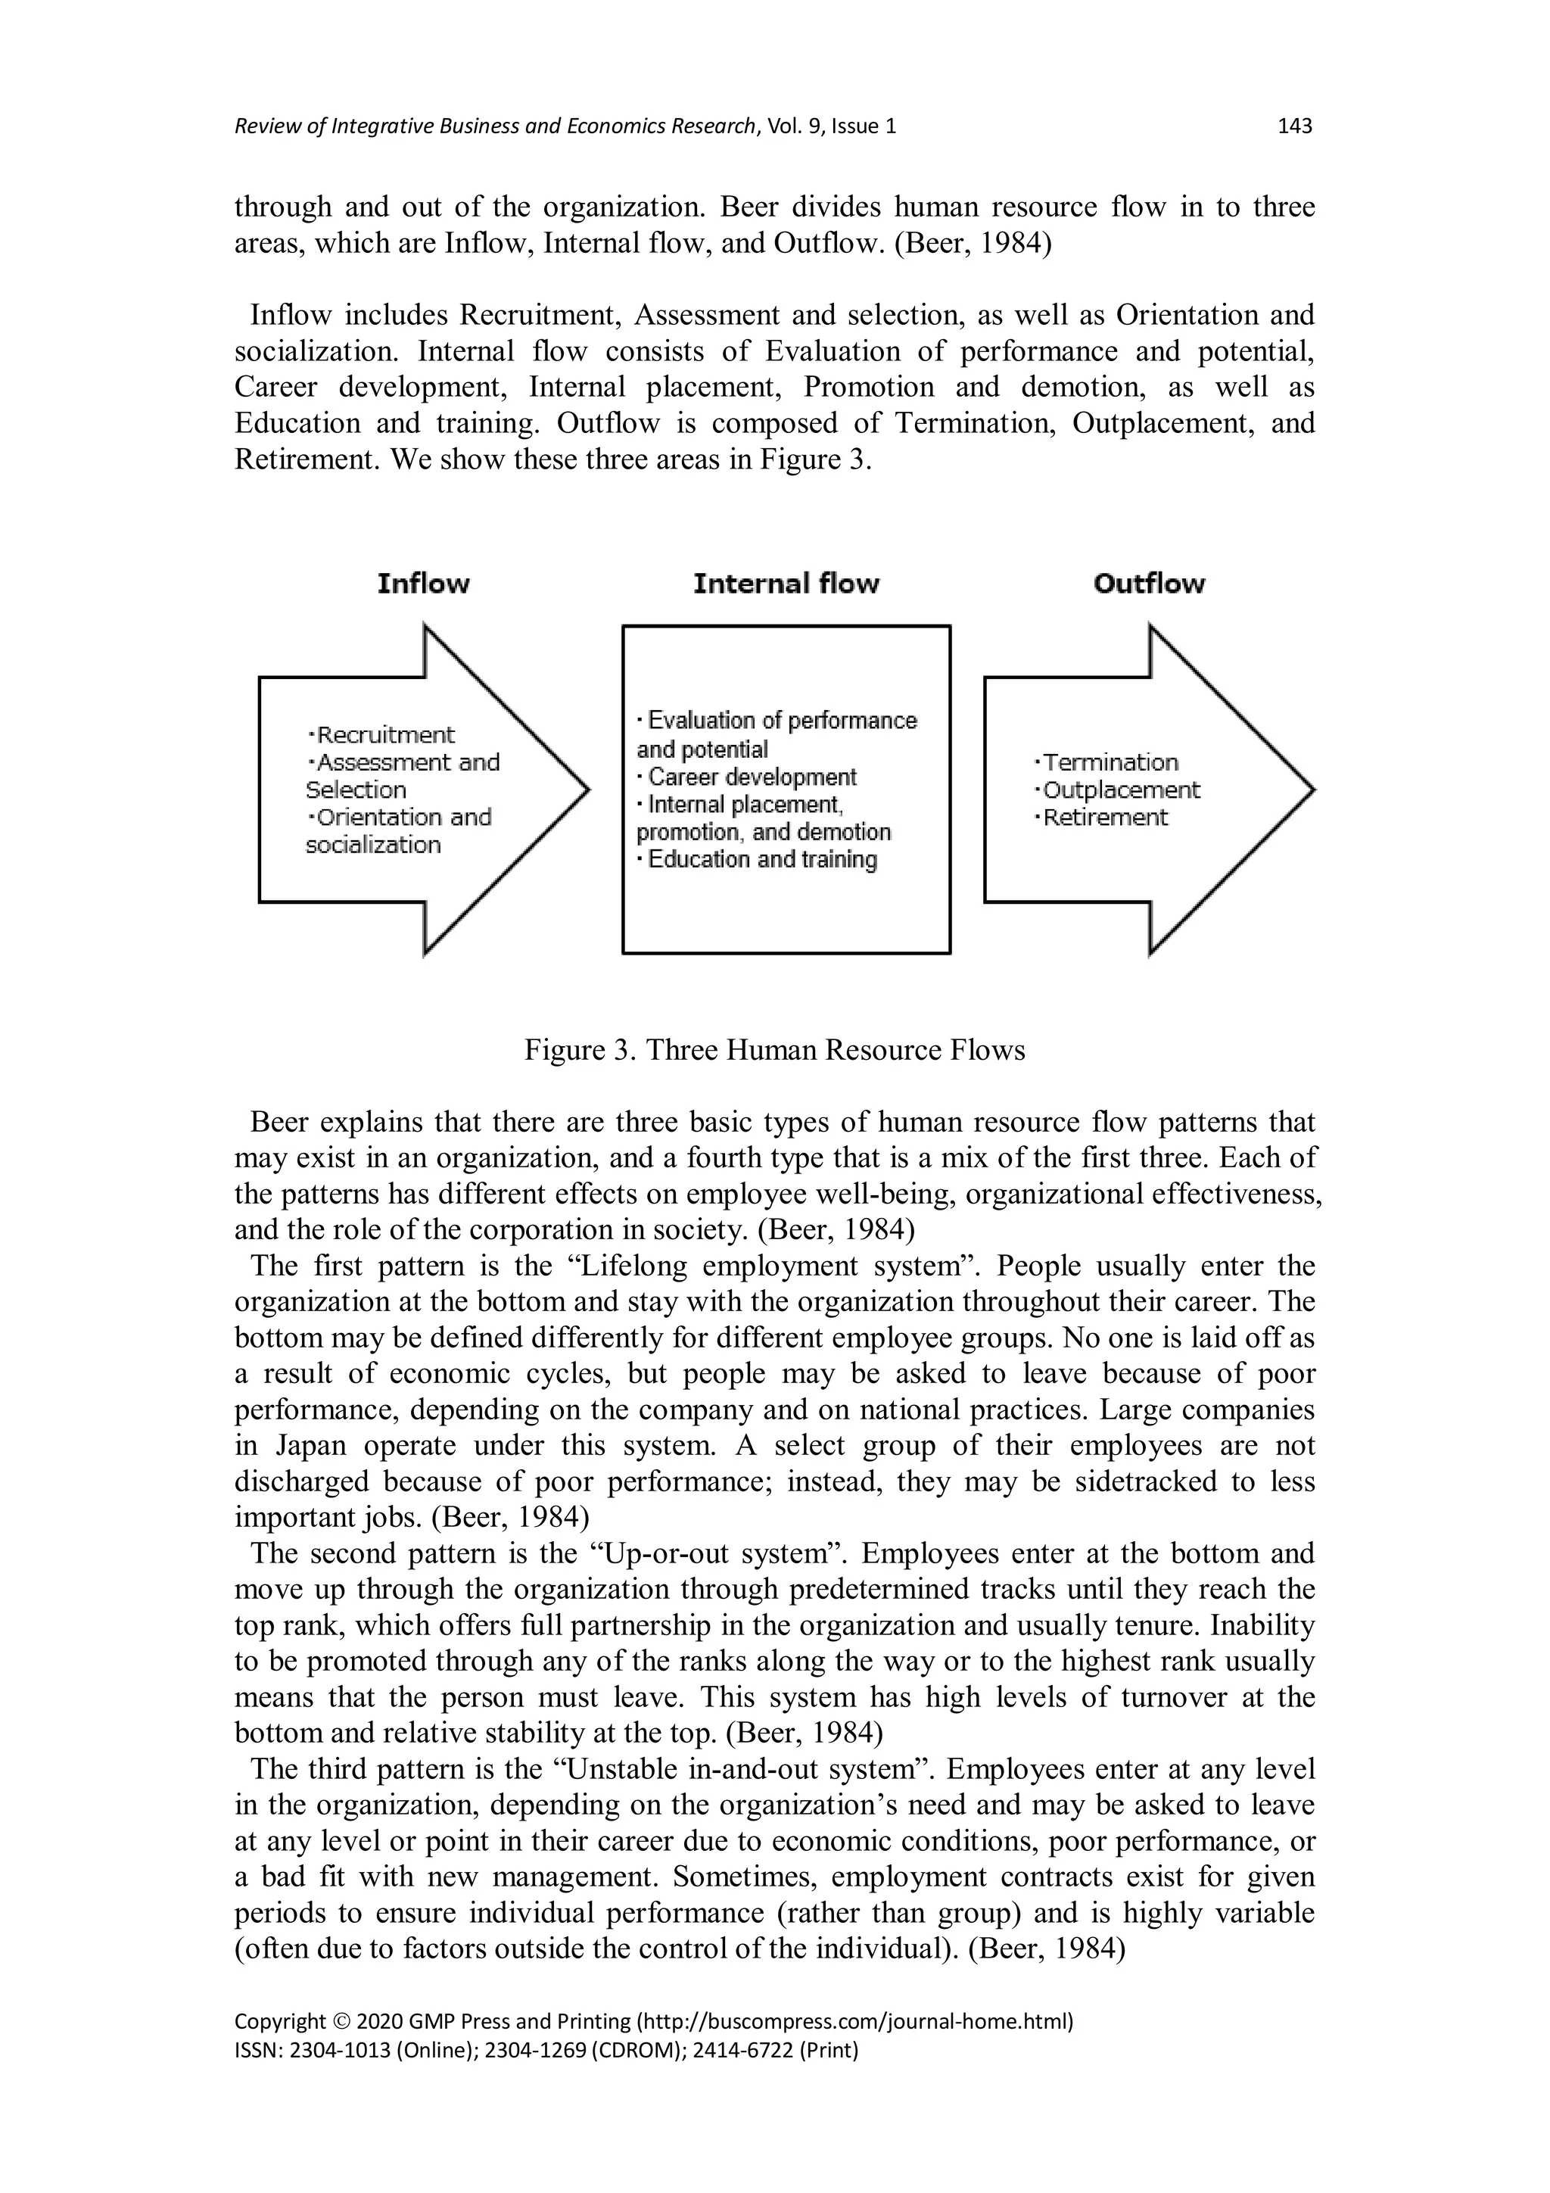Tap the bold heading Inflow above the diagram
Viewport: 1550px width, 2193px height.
coord(423,584)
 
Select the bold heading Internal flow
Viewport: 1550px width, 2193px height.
coord(786,584)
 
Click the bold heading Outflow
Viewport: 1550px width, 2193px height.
coord(1149,584)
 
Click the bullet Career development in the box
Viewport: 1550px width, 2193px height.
coord(751,777)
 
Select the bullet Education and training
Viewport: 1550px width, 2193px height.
coord(761,860)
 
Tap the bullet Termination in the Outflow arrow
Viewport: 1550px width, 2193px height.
coord(1110,762)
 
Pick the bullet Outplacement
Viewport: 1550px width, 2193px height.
coord(1120,790)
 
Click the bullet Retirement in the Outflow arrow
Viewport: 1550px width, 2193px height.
coord(1104,818)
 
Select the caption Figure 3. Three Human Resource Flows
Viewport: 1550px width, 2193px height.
coord(774,1051)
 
